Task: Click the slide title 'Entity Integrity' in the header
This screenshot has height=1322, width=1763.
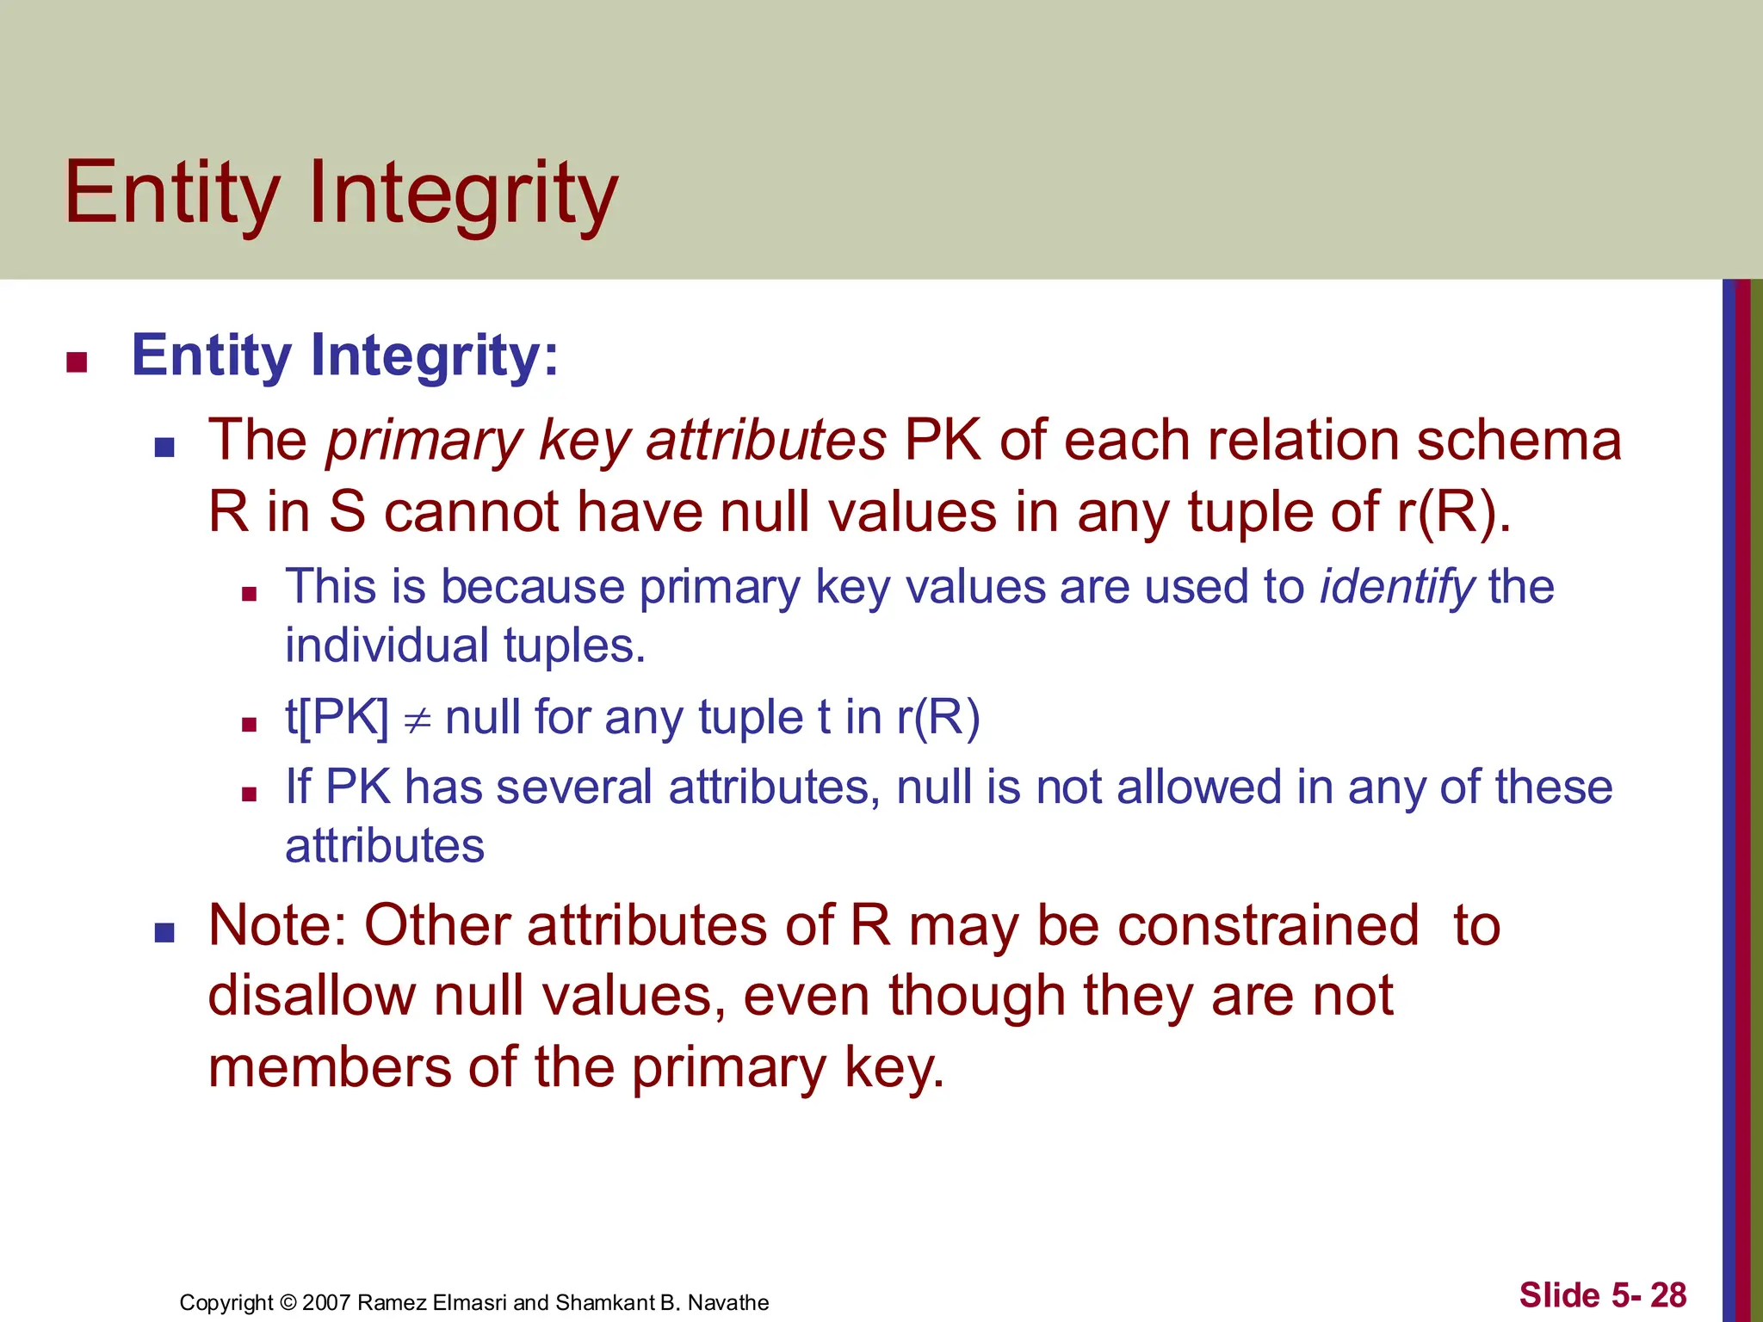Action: (341, 193)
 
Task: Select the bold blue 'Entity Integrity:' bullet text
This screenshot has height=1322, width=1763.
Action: (344, 355)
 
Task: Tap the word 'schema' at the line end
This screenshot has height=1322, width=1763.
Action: (1519, 441)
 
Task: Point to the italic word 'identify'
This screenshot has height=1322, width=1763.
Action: (1397, 588)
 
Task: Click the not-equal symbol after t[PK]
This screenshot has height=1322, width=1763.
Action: (418, 720)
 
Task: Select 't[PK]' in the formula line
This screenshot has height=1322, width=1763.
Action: (337, 717)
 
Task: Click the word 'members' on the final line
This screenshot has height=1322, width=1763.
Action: (330, 1067)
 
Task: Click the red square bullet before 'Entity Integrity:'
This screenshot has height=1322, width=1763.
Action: (77, 362)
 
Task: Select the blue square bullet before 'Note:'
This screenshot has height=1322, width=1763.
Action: (164, 932)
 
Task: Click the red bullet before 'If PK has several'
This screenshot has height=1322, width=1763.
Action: (250, 794)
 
